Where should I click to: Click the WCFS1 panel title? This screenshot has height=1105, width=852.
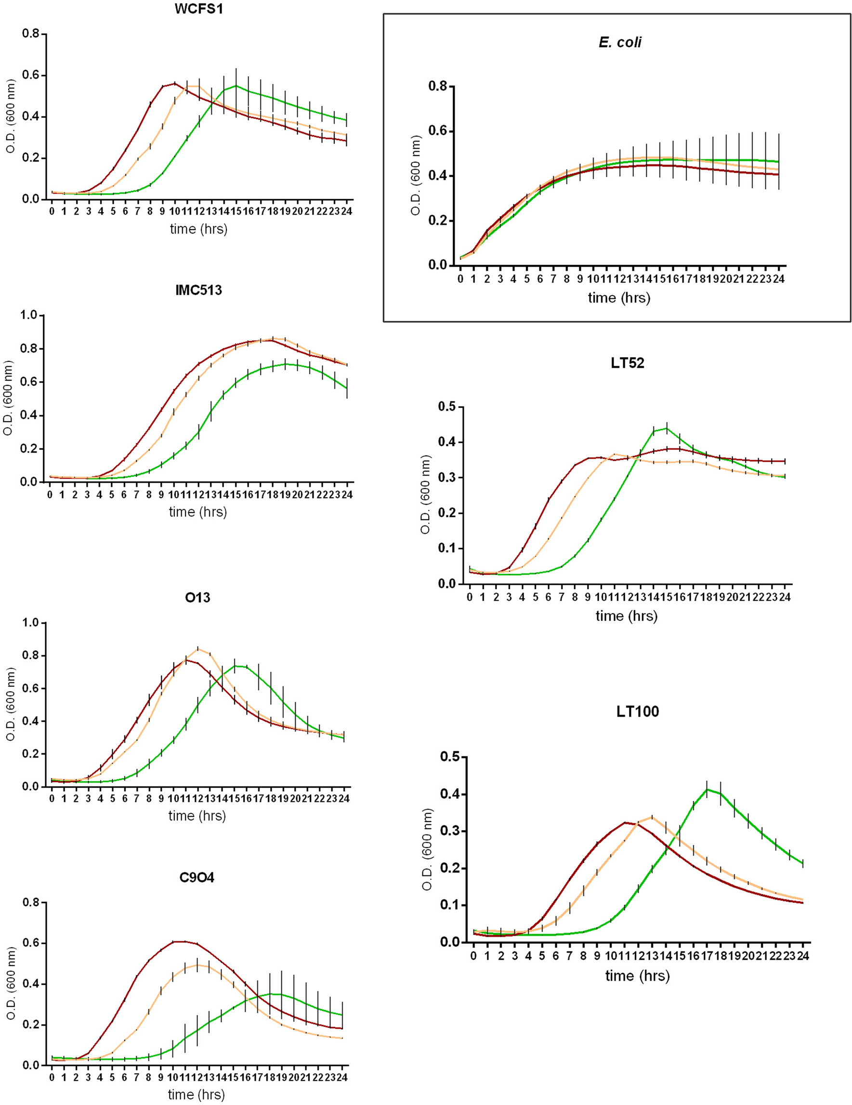(198, 9)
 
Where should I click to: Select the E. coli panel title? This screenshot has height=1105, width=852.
(620, 42)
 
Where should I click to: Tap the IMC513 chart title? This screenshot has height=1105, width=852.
(198, 290)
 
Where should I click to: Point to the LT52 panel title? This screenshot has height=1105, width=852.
(627, 363)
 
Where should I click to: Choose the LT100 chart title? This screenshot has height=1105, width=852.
(637, 711)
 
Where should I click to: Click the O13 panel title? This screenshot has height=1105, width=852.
(197, 598)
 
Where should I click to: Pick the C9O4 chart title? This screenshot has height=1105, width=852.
(197, 877)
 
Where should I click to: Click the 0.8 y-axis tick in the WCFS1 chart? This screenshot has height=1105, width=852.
(31, 34)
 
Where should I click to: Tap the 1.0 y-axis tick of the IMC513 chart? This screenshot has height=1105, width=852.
(29, 315)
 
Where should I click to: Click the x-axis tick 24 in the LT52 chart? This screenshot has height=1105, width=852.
(785, 597)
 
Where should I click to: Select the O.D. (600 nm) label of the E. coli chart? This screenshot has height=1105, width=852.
(416, 175)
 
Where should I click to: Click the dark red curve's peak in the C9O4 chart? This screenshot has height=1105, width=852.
(180, 941)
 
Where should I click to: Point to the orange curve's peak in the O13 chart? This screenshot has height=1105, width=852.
(198, 648)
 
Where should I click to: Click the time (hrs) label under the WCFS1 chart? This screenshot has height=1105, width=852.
(198, 229)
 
